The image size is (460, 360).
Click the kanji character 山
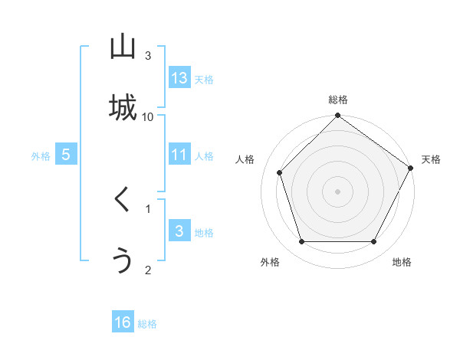(x=123, y=47)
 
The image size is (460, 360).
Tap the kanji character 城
(x=123, y=108)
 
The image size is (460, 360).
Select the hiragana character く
(x=123, y=201)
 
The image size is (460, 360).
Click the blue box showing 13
(x=179, y=78)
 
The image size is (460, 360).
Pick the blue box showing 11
(x=179, y=155)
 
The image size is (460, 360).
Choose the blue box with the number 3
(x=179, y=231)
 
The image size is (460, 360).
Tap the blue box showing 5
(x=66, y=155)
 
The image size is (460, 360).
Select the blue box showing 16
(x=123, y=322)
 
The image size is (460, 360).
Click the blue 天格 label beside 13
(x=204, y=80)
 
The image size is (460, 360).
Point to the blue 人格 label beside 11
(x=204, y=156)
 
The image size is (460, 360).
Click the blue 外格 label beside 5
(x=41, y=156)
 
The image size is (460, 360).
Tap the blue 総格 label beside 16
(x=147, y=324)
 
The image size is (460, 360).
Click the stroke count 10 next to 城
(x=148, y=116)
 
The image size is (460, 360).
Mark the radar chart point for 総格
(x=337, y=117)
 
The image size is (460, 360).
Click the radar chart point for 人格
(x=279, y=172)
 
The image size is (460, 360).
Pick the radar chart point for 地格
(x=374, y=242)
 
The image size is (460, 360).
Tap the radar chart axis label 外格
(x=270, y=263)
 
